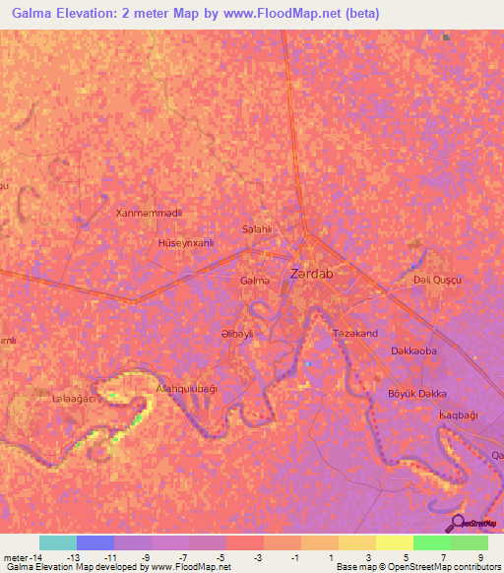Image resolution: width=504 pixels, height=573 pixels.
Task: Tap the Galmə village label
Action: tap(254, 281)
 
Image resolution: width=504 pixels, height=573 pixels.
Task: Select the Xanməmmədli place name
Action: tap(149, 213)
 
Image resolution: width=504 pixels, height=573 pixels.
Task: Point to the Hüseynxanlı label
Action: tap(185, 241)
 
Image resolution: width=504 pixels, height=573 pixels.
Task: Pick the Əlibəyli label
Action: tap(237, 334)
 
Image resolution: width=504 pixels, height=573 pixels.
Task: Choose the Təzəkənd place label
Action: tap(355, 334)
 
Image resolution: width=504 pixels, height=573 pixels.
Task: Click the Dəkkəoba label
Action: tap(413, 350)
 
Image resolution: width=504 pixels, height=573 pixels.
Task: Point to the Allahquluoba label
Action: tap(186, 390)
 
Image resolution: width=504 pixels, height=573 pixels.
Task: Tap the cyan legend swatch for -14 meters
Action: tap(57, 542)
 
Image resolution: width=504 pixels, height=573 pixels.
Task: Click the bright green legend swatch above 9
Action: tap(469, 542)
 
